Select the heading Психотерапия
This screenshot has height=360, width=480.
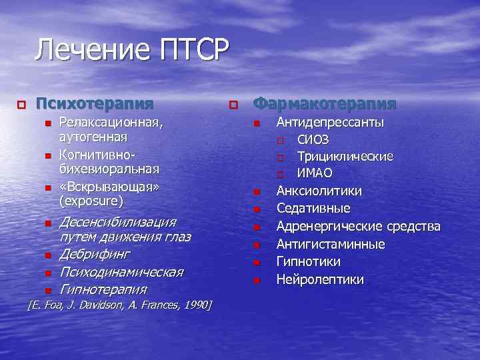94,104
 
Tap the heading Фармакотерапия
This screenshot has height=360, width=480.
325,104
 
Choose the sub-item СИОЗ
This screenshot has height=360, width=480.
312,140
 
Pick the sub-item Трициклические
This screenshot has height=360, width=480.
345,157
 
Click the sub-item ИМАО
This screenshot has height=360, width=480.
314,174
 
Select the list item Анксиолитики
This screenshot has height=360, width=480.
319,191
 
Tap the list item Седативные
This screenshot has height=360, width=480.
313,209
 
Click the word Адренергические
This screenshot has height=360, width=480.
333,227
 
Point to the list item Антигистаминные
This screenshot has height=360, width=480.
331,245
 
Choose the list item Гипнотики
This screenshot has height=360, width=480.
309,262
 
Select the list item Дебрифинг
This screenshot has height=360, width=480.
95,254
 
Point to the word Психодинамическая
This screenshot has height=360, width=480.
121,272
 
